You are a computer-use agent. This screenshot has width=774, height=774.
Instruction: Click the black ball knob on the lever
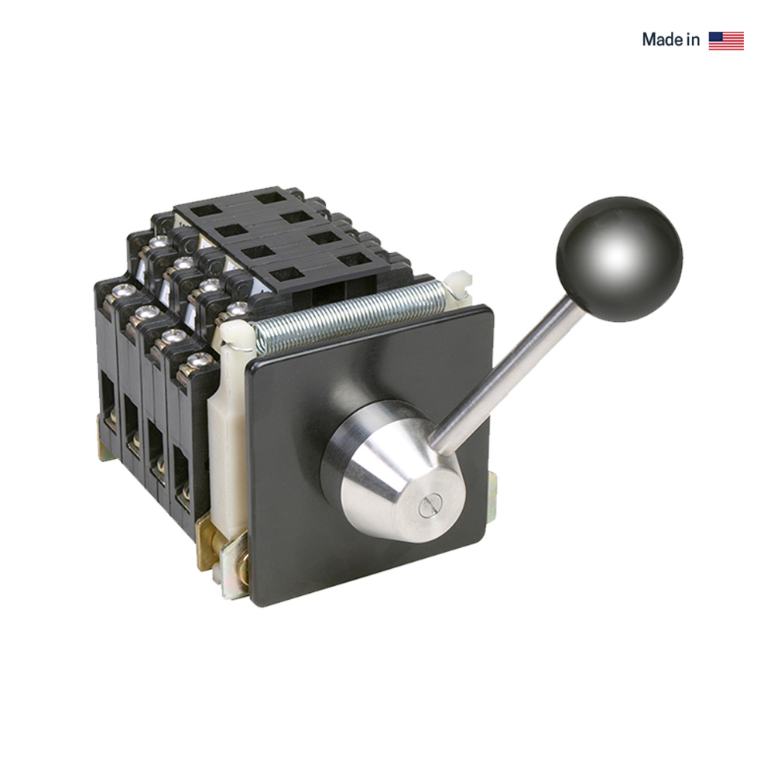click(619, 258)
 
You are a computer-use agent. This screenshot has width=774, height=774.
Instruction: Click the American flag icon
click(725, 40)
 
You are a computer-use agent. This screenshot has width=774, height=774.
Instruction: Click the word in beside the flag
click(693, 40)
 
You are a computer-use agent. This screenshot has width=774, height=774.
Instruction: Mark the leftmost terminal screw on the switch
click(122, 293)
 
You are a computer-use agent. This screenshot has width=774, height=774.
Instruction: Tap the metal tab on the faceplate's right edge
click(493, 495)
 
